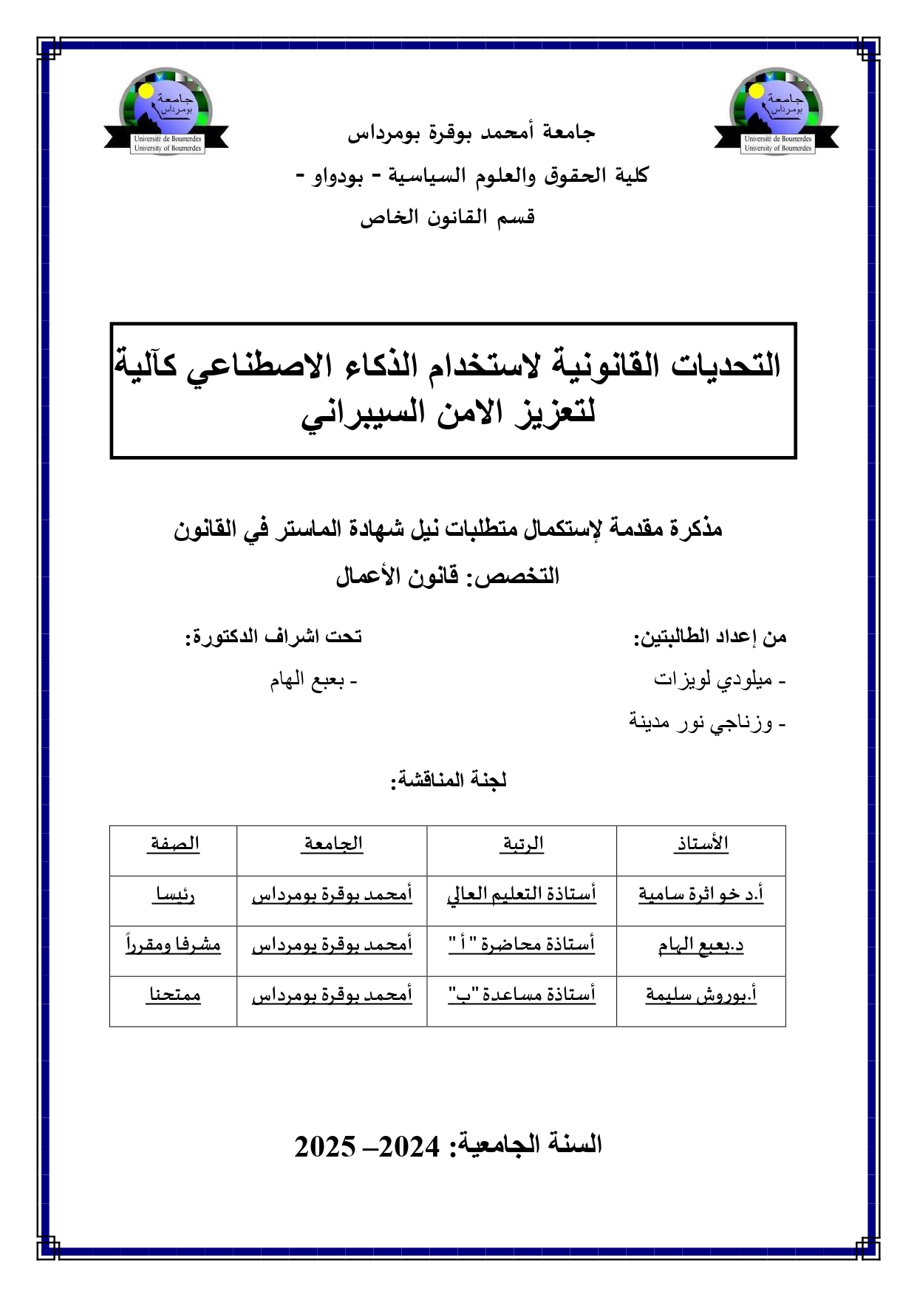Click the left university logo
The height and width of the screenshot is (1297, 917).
point(166,112)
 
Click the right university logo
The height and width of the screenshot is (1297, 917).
point(777,112)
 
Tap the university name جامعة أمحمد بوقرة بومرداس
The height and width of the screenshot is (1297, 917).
point(471,133)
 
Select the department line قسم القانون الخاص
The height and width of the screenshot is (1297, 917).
point(448,217)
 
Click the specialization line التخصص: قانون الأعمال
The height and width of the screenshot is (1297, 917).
point(448,576)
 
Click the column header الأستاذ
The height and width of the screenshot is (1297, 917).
point(700,844)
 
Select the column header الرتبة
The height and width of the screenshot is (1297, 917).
point(522,844)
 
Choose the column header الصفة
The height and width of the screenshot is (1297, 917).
point(174,844)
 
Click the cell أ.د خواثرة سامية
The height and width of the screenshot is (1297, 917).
point(700,894)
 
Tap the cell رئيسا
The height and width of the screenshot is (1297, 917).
point(174,895)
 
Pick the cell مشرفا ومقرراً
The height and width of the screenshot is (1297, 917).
point(174,945)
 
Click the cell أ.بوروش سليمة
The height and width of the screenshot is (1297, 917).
point(700,995)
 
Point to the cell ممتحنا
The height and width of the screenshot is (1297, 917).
point(174,995)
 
